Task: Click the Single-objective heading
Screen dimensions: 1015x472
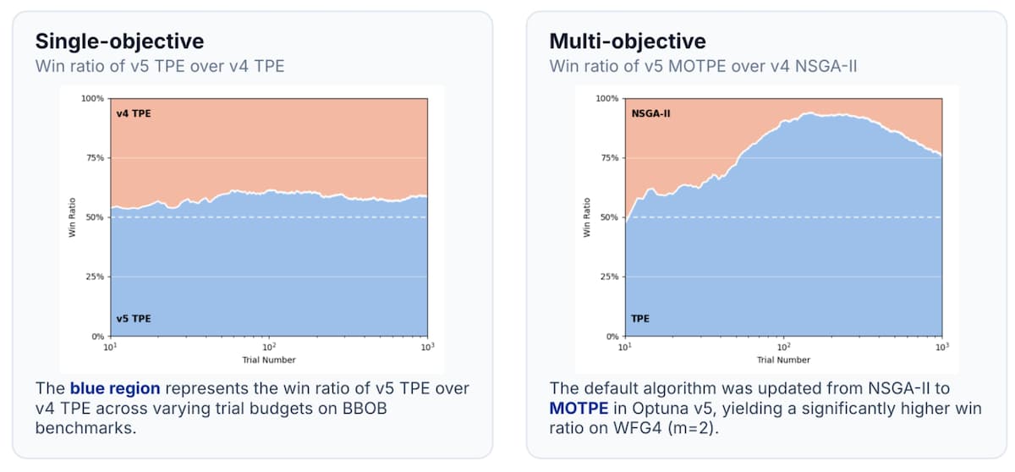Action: [x=119, y=41]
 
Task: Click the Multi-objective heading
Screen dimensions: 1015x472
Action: [x=628, y=41]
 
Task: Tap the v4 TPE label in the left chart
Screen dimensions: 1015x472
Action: [x=134, y=113]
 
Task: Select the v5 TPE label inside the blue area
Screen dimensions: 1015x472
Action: [x=134, y=318]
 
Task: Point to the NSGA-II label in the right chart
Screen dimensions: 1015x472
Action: [x=650, y=113]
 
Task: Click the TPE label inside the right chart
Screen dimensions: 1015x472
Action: [x=640, y=318]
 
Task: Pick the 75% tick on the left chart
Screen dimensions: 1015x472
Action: [x=95, y=157]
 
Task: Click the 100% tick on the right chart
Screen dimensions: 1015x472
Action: [x=607, y=98]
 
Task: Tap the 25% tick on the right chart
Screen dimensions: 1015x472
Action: [x=610, y=277]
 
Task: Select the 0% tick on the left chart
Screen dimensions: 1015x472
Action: [x=98, y=336]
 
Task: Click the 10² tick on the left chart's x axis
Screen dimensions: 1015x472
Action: [x=269, y=347]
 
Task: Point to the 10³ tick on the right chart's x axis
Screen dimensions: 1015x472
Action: [x=942, y=347]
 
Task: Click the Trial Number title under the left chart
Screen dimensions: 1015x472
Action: [x=269, y=360]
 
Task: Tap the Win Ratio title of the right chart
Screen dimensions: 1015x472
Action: [x=587, y=217]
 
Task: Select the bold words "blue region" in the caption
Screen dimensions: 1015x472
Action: [x=115, y=388]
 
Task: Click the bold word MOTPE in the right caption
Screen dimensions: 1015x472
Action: [x=579, y=409]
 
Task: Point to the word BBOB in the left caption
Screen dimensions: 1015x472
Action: [x=365, y=409]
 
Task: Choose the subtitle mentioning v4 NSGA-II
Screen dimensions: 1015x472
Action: [x=703, y=66]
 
